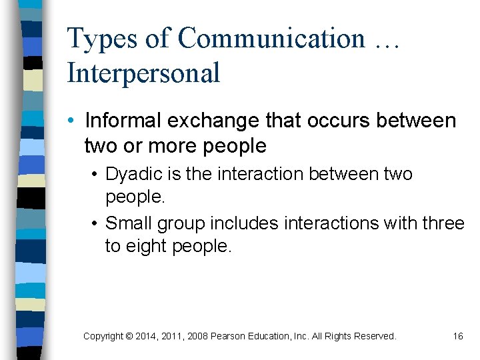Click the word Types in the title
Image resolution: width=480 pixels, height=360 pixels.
pos(100,39)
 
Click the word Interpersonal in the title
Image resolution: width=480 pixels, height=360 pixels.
pos(143,72)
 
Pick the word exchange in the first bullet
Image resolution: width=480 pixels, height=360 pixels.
pos(207,122)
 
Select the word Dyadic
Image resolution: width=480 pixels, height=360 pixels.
pos(129,175)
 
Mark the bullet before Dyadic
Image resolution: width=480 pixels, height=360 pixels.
pos(95,175)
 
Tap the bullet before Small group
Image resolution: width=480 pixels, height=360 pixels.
pos(95,223)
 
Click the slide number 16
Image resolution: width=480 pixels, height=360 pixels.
pos(457,337)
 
